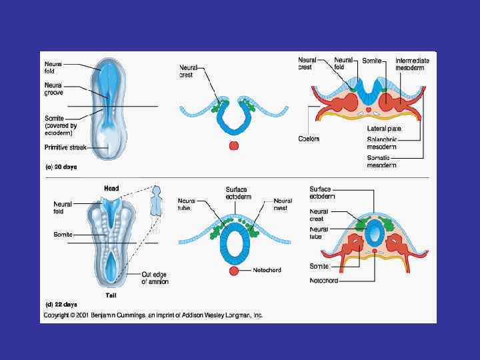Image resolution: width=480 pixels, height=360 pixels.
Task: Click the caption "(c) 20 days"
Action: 61,167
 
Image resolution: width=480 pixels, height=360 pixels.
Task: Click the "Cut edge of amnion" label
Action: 155,278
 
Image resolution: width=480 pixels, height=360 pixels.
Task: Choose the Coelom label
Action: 309,139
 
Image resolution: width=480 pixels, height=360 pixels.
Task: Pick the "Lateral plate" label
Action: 385,127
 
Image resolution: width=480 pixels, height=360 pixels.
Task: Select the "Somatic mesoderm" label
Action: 382,161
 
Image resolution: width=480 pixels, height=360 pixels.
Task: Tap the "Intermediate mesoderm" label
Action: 412,64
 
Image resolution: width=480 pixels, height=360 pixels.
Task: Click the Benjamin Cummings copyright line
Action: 153,315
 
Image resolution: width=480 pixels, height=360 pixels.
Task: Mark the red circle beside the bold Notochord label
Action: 233,271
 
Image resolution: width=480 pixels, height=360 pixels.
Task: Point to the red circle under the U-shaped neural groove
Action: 233,145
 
